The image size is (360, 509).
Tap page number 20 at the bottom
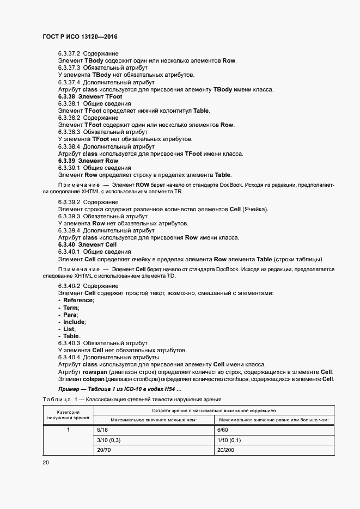46,463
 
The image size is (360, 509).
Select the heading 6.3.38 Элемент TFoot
90,96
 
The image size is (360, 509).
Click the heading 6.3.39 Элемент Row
88,161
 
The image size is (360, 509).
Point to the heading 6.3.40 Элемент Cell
88,245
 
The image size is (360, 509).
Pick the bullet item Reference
78,301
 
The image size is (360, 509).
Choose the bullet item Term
71,308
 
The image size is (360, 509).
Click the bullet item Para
70,315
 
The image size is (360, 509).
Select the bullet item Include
74,322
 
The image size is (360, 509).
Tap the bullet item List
69,329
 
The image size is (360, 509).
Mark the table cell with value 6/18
102,430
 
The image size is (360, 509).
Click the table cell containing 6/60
223,430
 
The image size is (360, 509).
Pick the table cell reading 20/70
103,450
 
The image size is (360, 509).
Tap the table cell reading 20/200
226,450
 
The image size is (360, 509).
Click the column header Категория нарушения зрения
68,415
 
